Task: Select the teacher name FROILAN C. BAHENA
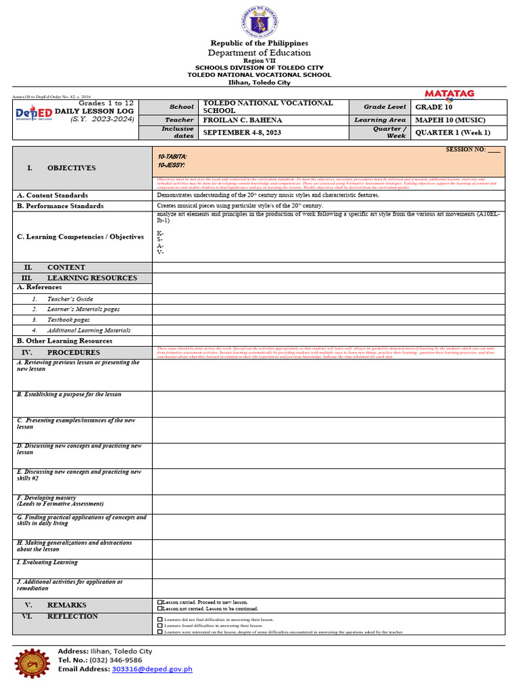tap(233, 120)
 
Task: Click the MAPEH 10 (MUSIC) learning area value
tap(450, 120)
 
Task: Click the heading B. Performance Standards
tap(60, 205)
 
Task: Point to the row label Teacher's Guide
tap(70, 299)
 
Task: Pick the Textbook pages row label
tap(68, 320)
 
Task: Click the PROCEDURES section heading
tap(73, 352)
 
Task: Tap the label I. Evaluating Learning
tap(47, 562)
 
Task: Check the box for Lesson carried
tap(159, 601)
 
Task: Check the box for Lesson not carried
tap(159, 608)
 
